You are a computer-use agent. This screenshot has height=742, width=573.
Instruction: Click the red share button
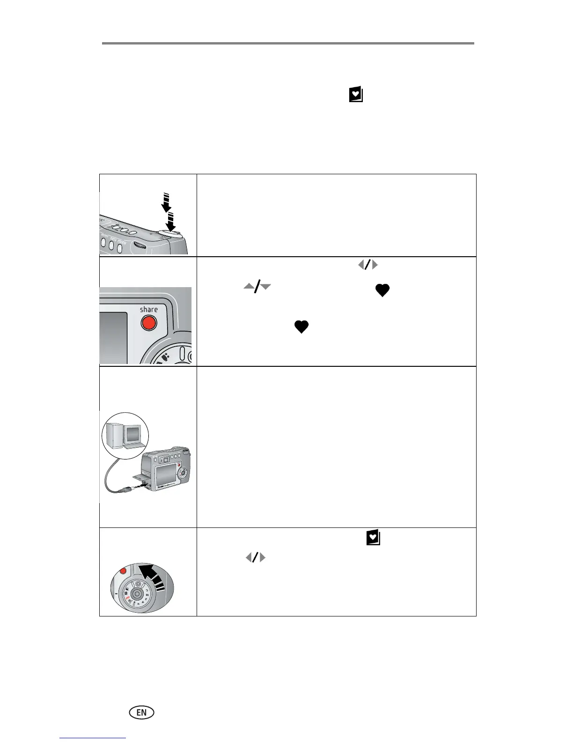148,323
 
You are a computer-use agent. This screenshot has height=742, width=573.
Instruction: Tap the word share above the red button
149,309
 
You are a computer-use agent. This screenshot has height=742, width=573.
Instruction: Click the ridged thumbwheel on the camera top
138,245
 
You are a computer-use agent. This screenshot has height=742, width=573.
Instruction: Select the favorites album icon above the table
356,95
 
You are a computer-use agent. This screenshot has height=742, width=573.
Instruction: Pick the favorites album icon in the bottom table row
373,538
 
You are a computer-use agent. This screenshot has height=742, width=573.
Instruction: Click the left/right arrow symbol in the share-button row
368,265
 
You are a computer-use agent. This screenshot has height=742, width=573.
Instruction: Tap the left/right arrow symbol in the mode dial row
256,557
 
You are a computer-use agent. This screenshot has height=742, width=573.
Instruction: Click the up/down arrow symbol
257,287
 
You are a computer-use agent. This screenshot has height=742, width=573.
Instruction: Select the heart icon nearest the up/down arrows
382,291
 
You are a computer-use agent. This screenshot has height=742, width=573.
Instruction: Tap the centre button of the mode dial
137,593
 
